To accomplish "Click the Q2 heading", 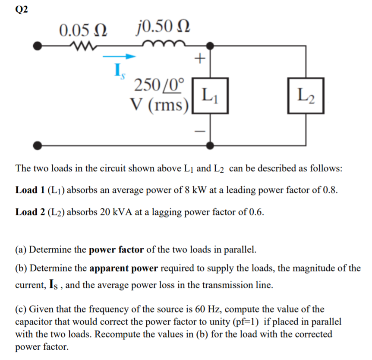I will [21, 10].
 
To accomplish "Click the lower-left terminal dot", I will [38, 145].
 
